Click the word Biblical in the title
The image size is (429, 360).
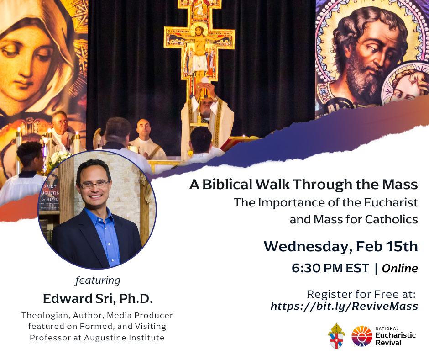(x=227, y=184)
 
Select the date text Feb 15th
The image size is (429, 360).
(x=387, y=246)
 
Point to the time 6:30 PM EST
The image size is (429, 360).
(x=330, y=268)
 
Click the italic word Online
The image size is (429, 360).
(x=400, y=269)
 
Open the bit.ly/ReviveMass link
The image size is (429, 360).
(x=344, y=306)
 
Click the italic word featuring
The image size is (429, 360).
(x=98, y=281)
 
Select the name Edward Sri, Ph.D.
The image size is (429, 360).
(x=98, y=298)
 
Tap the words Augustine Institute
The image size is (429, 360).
(x=124, y=338)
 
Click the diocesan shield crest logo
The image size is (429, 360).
(x=336, y=336)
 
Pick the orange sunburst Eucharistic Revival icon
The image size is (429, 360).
(x=362, y=336)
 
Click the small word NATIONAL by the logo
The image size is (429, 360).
(x=387, y=328)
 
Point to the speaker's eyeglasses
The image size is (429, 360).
(x=94, y=185)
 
